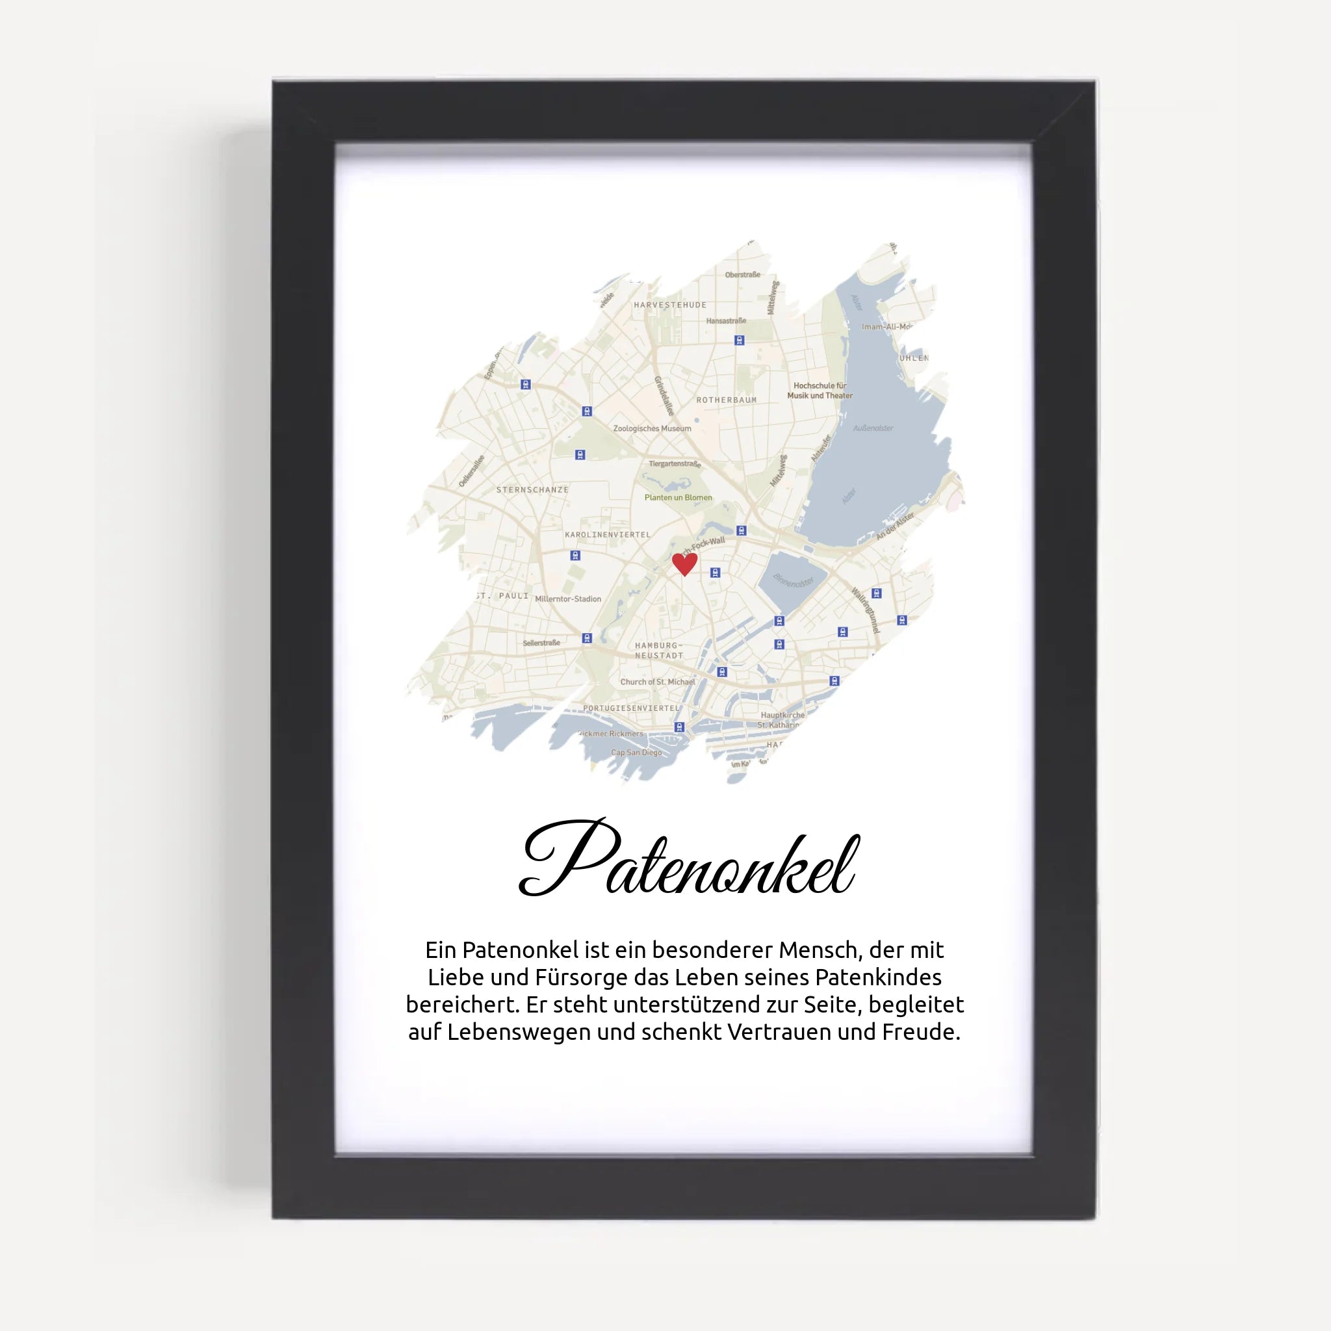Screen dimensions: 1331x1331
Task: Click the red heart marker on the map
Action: pyautogui.click(x=684, y=563)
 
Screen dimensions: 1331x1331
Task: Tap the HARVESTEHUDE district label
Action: pyautogui.click(x=669, y=305)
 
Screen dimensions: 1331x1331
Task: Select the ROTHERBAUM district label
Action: pyautogui.click(x=726, y=400)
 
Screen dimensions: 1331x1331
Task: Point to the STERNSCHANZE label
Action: pyautogui.click(x=532, y=490)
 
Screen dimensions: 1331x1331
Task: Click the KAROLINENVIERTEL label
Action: pyautogui.click(x=607, y=535)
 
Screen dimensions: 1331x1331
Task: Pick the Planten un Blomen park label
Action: pyautogui.click(x=678, y=497)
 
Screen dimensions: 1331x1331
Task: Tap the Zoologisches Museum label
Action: pyautogui.click(x=652, y=428)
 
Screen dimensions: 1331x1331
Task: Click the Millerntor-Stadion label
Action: pyautogui.click(x=567, y=599)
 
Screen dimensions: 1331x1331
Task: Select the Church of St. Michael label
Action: pyautogui.click(x=657, y=682)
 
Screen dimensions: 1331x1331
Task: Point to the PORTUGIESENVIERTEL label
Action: pyautogui.click(x=631, y=708)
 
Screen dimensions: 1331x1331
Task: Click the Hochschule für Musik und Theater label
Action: pyautogui.click(x=820, y=391)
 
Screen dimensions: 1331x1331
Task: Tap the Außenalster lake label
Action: pyautogui.click(x=873, y=428)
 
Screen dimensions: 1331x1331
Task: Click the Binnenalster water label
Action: pyautogui.click(x=793, y=581)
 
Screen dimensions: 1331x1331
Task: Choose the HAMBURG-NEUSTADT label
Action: pyautogui.click(x=658, y=651)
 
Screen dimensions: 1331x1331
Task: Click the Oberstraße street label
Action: pyautogui.click(x=742, y=275)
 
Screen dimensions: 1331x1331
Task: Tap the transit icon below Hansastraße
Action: pyautogui.click(x=739, y=341)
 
